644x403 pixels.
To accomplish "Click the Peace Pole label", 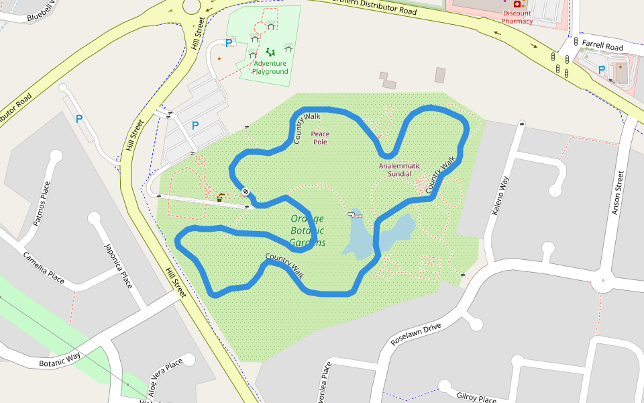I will [320, 138].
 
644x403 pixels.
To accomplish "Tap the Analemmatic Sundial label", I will [400, 170].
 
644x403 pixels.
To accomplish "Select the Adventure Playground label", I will [270, 67].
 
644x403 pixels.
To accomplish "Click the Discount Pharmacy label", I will [517, 17].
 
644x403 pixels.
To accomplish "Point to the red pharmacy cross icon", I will [517, 4].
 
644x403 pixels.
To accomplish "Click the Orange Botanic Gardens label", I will [308, 230].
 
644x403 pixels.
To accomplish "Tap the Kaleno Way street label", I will [501, 195].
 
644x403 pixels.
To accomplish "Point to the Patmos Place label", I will [42, 203].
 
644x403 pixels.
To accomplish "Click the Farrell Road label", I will [602, 47].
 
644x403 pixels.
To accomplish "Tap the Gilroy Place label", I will [476, 396].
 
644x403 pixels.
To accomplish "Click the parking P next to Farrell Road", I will [602, 69].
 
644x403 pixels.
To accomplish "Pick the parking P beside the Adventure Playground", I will [229, 43].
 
